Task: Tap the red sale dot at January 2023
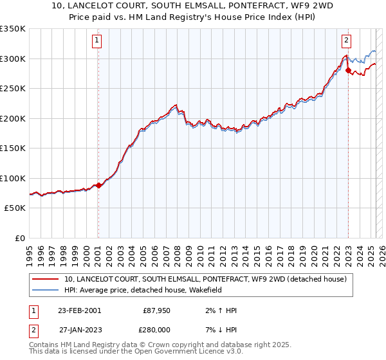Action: pos(348,71)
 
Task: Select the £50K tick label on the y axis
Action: pos(15,208)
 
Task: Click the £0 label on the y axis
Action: pos(20,238)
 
